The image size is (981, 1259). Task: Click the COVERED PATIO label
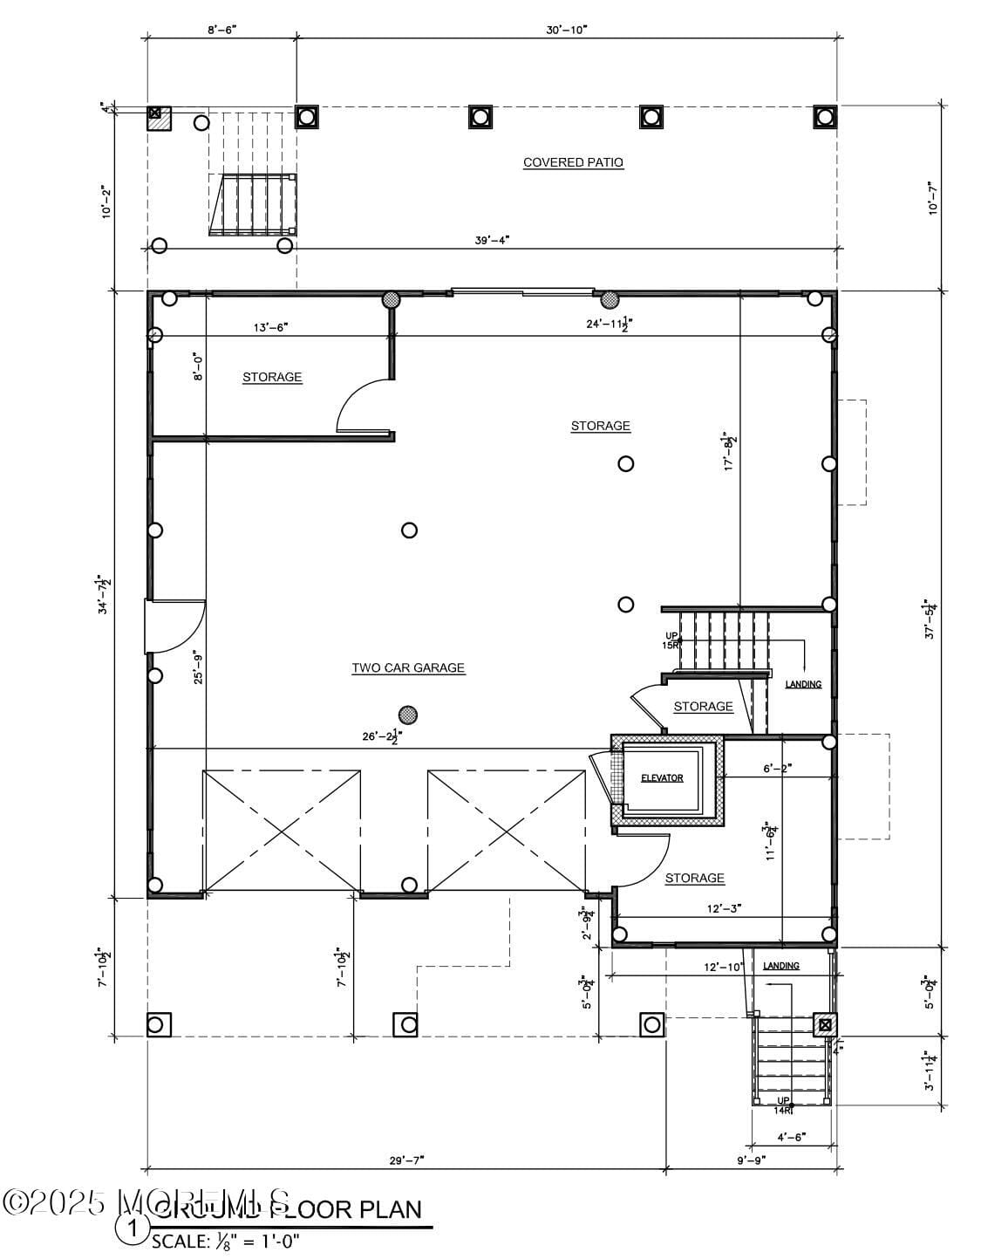coord(573,162)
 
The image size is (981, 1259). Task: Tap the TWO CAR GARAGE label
coord(408,668)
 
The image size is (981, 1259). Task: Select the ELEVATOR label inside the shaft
coord(662,778)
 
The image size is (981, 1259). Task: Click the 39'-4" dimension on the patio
coord(492,240)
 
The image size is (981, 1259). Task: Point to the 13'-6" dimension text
coord(270,327)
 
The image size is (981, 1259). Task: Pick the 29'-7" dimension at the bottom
coord(406,1160)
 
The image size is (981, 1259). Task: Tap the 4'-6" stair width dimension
coord(791,1137)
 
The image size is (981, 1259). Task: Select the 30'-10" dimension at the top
coord(567,30)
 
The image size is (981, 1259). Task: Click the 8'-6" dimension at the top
coord(221,30)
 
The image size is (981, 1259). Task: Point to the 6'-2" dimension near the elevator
coord(778,769)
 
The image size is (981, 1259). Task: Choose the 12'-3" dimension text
coord(724,908)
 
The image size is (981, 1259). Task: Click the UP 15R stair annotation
coord(671,640)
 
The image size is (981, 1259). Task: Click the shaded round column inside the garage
coord(407,715)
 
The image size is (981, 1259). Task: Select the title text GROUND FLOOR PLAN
coord(288,1209)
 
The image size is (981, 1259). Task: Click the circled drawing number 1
coord(133,1229)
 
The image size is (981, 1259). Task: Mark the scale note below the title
coord(226,1241)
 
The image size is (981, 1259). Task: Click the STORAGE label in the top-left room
coord(272,377)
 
